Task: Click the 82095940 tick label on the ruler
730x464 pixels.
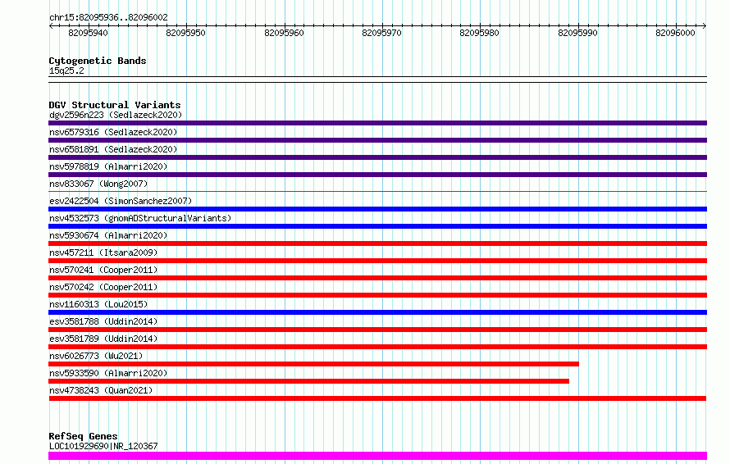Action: pyautogui.click(x=88, y=33)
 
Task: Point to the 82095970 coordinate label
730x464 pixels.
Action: pyautogui.click(x=381, y=33)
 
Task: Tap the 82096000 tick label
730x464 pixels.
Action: pyautogui.click(x=675, y=33)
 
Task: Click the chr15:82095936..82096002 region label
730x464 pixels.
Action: pyautogui.click(x=108, y=17)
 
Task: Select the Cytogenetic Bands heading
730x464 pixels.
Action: pyautogui.click(x=98, y=61)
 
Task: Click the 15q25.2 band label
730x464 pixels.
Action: pyautogui.click(x=66, y=71)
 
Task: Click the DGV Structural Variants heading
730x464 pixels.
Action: pyautogui.click(x=115, y=105)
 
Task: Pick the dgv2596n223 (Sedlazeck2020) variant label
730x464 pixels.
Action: pyautogui.click(x=116, y=115)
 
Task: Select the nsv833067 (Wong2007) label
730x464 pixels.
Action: pyautogui.click(x=98, y=184)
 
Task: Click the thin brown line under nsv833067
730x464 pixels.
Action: pyautogui.click(x=377, y=191)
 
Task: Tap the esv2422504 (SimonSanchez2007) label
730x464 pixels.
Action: pyautogui.click(x=121, y=201)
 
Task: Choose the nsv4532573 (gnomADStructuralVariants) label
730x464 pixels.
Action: pyautogui.click(x=140, y=218)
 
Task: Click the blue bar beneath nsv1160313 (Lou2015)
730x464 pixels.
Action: pyautogui.click(x=377, y=312)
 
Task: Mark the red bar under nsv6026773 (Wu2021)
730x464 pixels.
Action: pyautogui.click(x=314, y=364)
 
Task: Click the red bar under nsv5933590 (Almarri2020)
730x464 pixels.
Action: pyautogui.click(x=308, y=381)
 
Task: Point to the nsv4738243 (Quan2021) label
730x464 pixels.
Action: pyautogui.click(x=101, y=390)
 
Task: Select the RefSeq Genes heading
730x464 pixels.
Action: pyautogui.click(x=84, y=436)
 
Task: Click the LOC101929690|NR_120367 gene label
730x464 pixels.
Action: pyautogui.click(x=103, y=446)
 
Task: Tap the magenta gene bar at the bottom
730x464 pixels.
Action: pyautogui.click(x=377, y=456)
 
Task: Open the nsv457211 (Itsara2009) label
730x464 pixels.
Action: pyautogui.click(x=103, y=252)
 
